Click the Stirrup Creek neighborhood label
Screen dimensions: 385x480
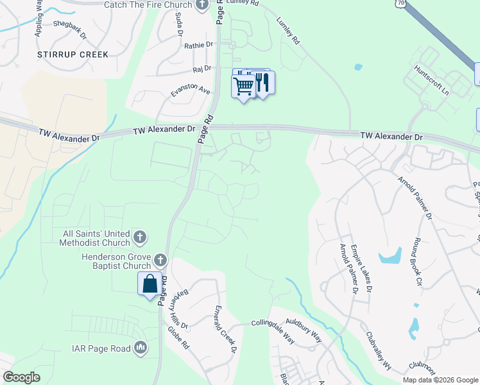[73, 54]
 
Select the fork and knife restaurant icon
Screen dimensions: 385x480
[263, 82]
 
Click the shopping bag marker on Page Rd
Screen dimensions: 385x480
[150, 283]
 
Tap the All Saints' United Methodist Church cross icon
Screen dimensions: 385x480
[139, 239]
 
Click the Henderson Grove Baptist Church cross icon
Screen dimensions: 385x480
[160, 261]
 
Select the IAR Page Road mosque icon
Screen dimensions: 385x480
[141, 348]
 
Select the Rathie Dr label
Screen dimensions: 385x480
[198, 45]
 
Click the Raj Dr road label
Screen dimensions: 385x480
[201, 68]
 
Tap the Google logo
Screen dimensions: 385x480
[21, 377]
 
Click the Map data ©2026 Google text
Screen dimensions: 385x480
[440, 380]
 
